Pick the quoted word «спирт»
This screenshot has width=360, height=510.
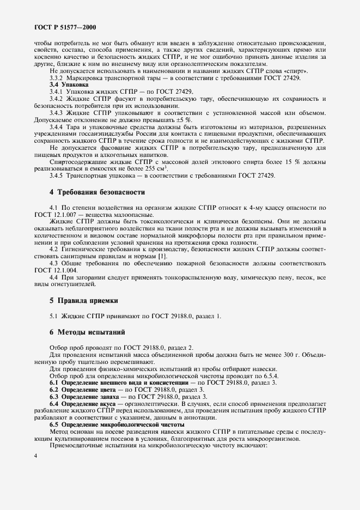(x=311, y=71)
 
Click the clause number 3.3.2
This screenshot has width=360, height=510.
(x=58, y=78)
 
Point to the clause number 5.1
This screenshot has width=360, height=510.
(x=54, y=316)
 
